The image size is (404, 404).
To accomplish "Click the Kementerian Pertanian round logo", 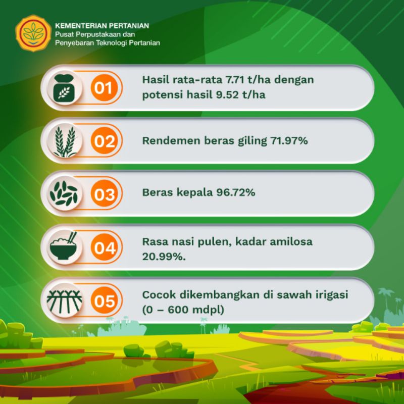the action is point(33,33).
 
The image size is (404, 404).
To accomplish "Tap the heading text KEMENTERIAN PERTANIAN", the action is point(102,26).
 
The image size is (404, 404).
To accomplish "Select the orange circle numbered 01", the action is point(104,88).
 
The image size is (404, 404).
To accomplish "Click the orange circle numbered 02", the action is point(104,141).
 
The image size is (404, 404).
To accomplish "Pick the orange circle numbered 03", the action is point(104,193).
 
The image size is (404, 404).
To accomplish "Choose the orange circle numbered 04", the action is point(104,247).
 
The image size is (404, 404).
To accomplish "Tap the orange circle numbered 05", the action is point(104,300).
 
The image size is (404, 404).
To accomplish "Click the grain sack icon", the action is point(64,88).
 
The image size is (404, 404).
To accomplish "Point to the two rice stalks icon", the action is point(65,141).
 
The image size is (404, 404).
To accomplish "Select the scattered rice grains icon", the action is point(64,193).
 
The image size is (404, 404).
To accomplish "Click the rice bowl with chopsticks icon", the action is point(64,246).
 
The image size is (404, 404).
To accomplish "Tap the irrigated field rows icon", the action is point(65,300).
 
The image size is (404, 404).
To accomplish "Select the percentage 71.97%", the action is point(289,141).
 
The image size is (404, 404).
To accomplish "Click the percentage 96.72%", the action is point(236,192).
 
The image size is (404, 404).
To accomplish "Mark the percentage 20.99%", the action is point(164,257).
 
